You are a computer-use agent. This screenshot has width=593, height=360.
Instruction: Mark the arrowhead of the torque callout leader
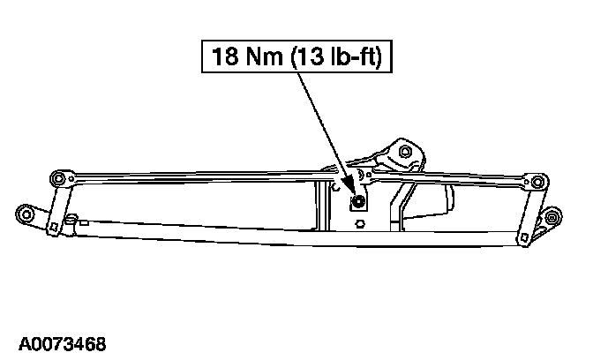[354, 194]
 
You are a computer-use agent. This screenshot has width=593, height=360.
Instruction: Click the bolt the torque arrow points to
[358, 203]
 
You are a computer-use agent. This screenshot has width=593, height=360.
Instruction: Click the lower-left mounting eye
[26, 214]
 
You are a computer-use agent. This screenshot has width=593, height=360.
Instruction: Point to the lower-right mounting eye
[552, 217]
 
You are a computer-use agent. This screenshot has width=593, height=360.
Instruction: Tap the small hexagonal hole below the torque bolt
[361, 224]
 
